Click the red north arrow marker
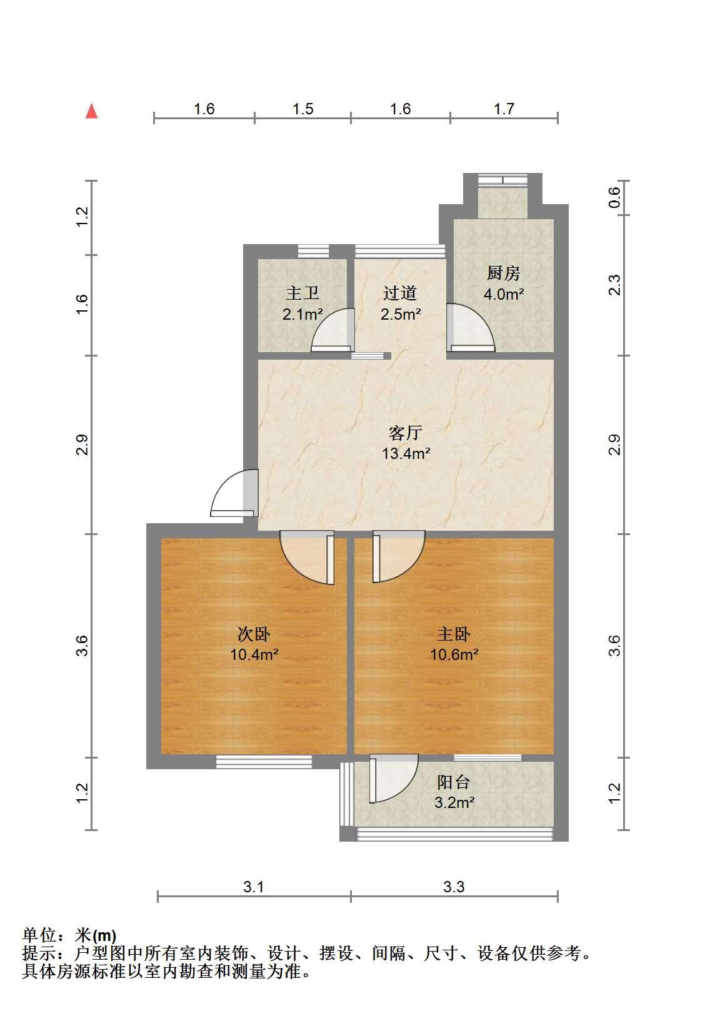click(92, 111)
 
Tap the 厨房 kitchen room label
click(503, 273)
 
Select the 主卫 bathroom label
click(302, 293)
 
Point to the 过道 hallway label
click(400, 293)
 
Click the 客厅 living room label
click(406, 433)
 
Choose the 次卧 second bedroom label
click(254, 634)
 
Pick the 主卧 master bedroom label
click(454, 634)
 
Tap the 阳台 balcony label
click(454, 782)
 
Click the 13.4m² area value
click(406, 453)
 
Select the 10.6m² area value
click(454, 654)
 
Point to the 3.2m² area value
click(454, 802)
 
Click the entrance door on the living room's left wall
click(234, 493)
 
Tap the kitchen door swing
click(471, 328)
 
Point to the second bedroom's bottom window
click(264, 762)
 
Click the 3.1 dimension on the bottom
click(253, 887)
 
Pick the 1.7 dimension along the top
click(504, 109)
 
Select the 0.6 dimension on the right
click(614, 198)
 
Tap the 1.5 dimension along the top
click(302, 109)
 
